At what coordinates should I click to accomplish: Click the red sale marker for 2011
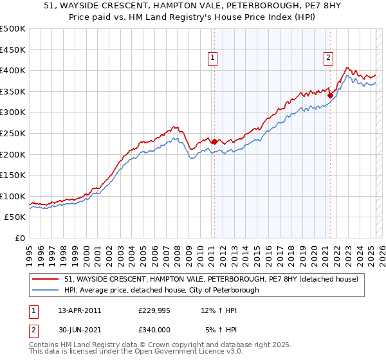214,141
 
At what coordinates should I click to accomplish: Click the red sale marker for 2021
330,95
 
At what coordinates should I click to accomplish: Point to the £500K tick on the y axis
13,29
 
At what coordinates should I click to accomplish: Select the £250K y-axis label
13,133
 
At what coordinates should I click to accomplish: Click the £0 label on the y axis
20,238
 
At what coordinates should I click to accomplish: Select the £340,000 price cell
154,328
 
